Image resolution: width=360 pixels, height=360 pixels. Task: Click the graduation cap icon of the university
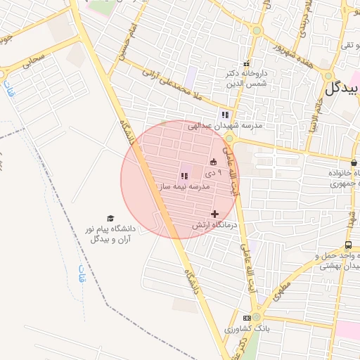110,219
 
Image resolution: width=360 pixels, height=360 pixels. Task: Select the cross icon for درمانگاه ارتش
214,214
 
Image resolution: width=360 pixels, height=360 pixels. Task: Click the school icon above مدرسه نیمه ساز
184,176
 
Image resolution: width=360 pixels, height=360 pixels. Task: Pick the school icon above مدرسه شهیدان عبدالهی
225,114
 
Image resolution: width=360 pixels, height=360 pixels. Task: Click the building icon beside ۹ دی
214,162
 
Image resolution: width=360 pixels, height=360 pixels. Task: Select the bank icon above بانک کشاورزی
247,318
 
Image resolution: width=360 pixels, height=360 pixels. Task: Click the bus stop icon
349,245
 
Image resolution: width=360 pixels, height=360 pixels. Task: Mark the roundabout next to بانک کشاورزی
257,317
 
